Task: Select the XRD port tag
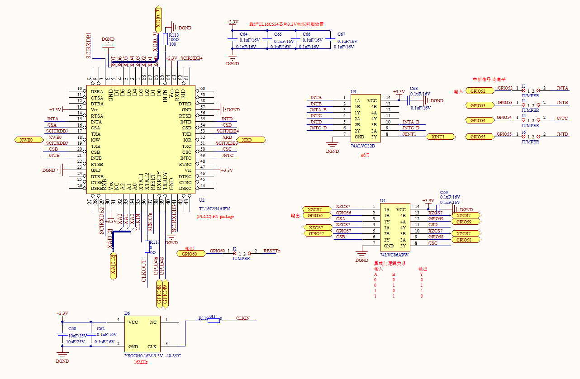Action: click(x=247, y=140)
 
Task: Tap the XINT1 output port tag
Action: click(x=437, y=137)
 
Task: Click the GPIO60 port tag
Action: click(x=190, y=254)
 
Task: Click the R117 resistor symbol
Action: click(x=147, y=247)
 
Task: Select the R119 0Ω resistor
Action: click(x=214, y=319)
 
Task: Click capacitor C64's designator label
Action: click(x=243, y=34)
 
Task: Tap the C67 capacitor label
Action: click(x=341, y=34)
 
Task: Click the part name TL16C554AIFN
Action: click(x=214, y=209)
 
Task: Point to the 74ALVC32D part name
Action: click(x=363, y=146)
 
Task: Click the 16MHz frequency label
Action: click(x=141, y=363)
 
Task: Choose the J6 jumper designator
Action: click(x=523, y=132)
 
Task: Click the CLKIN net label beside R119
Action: click(x=243, y=318)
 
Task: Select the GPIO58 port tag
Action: click(x=464, y=240)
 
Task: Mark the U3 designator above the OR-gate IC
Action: click(x=353, y=91)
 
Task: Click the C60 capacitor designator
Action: click(x=72, y=329)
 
